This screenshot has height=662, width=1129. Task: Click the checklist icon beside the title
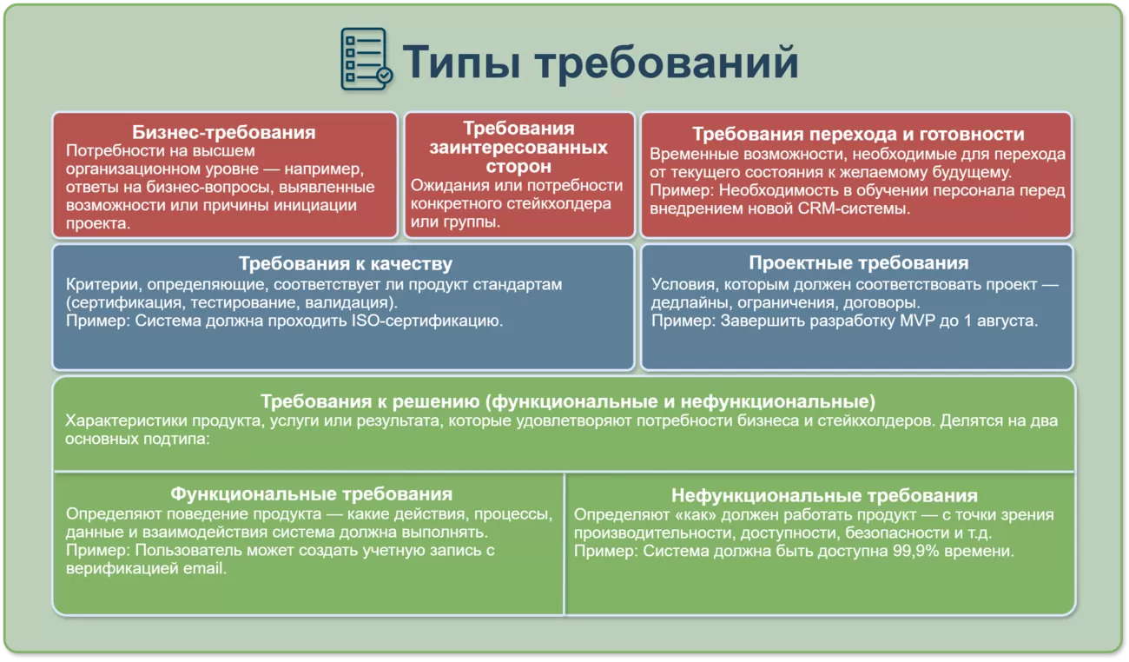pos(366,59)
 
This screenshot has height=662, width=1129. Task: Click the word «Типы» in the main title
pos(461,63)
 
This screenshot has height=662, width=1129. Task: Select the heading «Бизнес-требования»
pos(224,133)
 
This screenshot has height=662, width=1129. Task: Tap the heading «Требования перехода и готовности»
pos(858,134)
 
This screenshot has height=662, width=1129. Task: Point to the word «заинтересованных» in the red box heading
pos(518,148)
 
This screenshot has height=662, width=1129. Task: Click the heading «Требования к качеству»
pos(346,264)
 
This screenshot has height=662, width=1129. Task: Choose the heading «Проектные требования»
pos(858,262)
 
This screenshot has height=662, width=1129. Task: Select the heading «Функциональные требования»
pos(311,493)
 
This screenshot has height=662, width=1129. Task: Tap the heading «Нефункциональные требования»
pos(824,495)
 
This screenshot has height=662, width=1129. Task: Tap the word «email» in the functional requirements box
pos(204,568)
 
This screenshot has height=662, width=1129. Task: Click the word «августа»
pos(1007,321)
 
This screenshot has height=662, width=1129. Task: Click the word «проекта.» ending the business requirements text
pos(98,223)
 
